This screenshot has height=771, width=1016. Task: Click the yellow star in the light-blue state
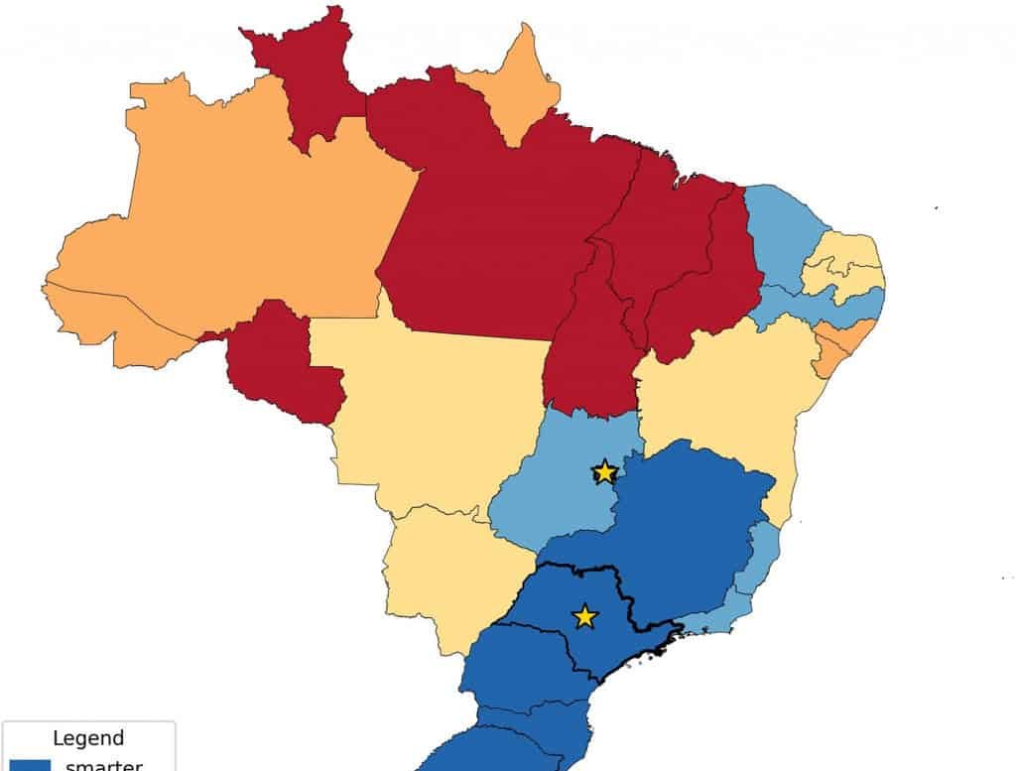pos(604,471)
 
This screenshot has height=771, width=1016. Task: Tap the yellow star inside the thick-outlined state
pos(585,617)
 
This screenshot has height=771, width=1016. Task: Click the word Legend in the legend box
pos(88,738)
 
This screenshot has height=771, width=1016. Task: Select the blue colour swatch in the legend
pos(26,764)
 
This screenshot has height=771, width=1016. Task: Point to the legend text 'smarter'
pos(103,765)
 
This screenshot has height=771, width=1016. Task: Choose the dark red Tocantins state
pos(590,347)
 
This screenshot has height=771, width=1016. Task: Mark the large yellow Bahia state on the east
pos(734,397)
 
